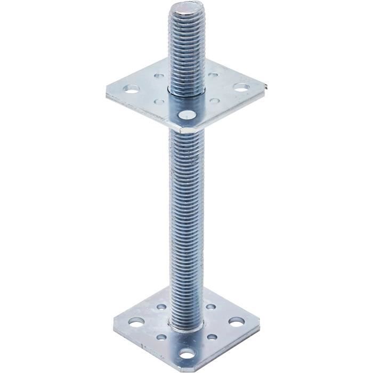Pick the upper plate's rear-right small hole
[213, 75]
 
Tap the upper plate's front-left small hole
[159, 101]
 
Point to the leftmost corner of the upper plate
[106, 95]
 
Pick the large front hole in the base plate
[186, 354]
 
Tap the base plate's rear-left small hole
[160, 307]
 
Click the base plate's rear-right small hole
[212, 307]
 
